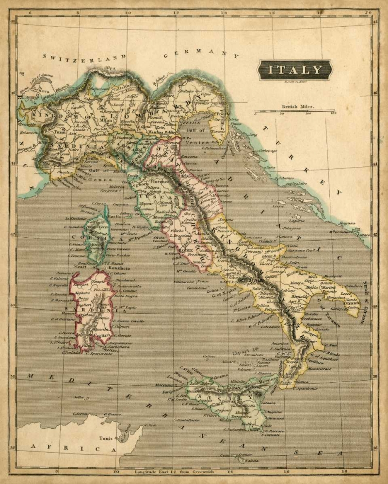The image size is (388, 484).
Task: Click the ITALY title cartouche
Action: [295, 70]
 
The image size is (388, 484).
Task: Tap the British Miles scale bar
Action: [295, 111]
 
